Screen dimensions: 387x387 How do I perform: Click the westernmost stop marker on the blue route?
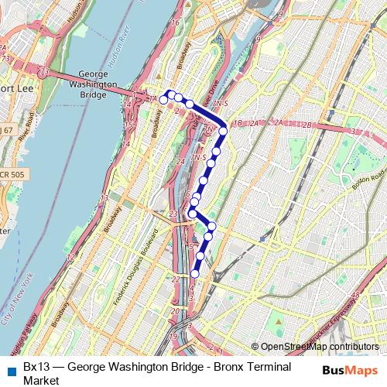163,100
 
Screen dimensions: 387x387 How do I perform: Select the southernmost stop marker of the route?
194,273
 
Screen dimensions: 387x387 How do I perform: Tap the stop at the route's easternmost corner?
223,131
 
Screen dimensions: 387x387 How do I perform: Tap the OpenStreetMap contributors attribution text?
320,348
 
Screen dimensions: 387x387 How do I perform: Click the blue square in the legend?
10,367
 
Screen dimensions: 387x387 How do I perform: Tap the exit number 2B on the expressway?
307,124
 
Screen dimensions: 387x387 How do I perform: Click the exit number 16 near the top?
175,22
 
